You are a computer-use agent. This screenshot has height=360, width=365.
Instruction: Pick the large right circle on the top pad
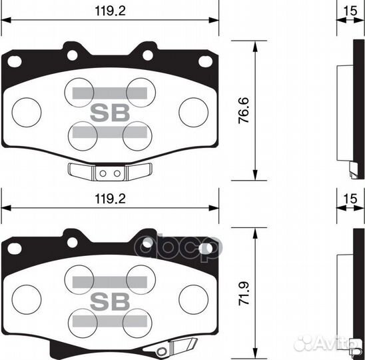(193, 109)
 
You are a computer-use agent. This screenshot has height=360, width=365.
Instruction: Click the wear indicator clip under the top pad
(109, 172)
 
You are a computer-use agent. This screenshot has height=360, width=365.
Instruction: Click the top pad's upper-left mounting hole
(15, 61)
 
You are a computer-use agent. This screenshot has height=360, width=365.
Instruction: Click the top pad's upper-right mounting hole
(204, 61)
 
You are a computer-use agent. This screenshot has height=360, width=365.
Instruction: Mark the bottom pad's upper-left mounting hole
(15, 248)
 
